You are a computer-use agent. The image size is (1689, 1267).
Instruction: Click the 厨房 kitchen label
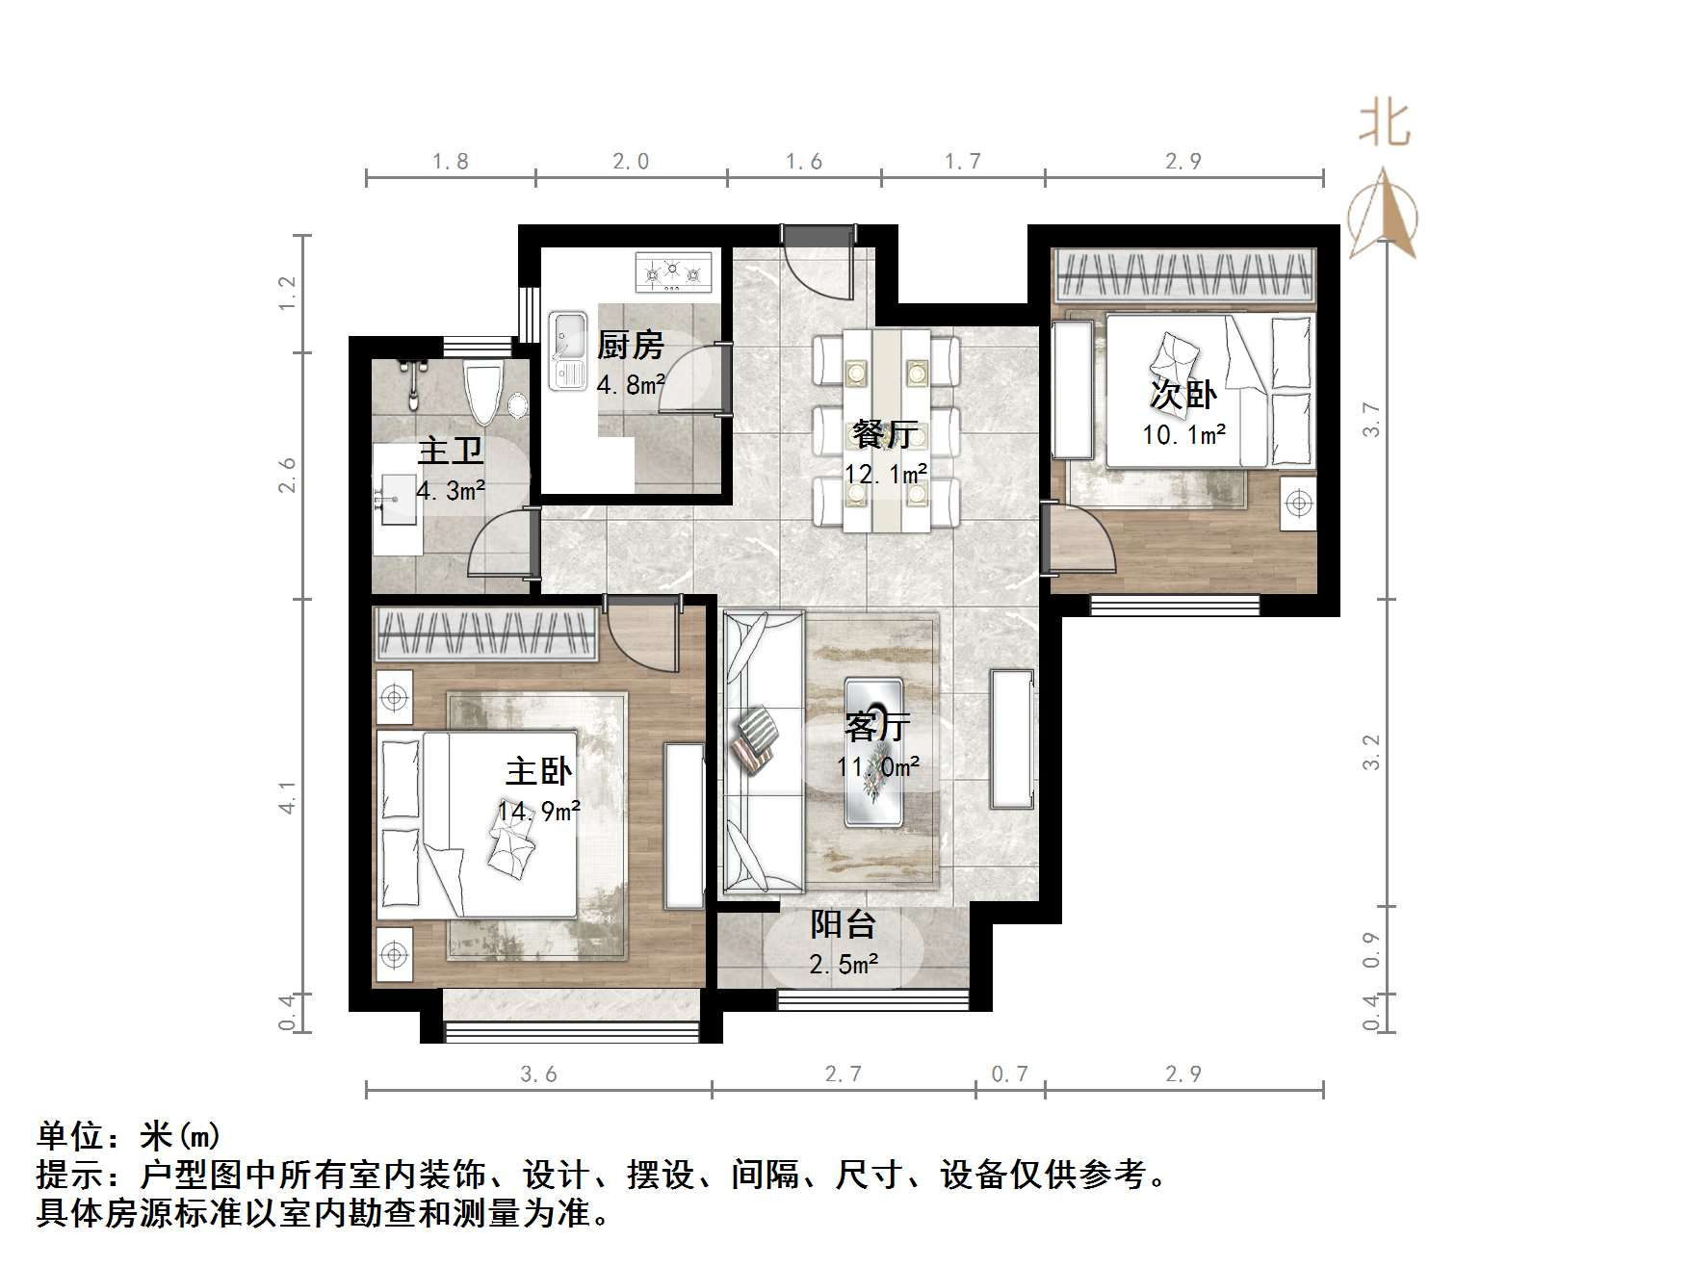630,345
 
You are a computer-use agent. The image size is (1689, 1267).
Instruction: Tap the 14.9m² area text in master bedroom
538,811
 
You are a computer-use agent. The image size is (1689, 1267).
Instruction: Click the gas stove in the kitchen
674,272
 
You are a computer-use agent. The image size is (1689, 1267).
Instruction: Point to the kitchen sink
567,350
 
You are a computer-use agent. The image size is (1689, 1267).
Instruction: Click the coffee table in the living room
873,752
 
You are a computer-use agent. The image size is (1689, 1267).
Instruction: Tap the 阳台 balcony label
843,924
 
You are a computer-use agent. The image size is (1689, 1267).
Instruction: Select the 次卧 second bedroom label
1183,394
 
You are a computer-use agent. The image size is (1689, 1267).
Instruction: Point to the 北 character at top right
1385,125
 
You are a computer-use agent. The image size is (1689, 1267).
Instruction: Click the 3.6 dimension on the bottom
538,1074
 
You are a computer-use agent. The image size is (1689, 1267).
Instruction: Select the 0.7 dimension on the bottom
1009,1074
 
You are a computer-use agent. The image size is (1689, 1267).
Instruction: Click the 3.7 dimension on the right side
1371,420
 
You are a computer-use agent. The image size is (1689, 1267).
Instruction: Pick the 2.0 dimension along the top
631,162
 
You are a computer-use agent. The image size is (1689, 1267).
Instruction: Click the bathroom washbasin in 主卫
398,501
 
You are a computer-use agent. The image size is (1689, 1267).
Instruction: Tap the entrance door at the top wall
818,237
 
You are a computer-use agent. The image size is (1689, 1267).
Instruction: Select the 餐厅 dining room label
883,434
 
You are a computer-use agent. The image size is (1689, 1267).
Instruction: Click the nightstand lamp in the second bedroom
1298,503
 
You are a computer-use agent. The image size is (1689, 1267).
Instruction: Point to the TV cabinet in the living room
1011,739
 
